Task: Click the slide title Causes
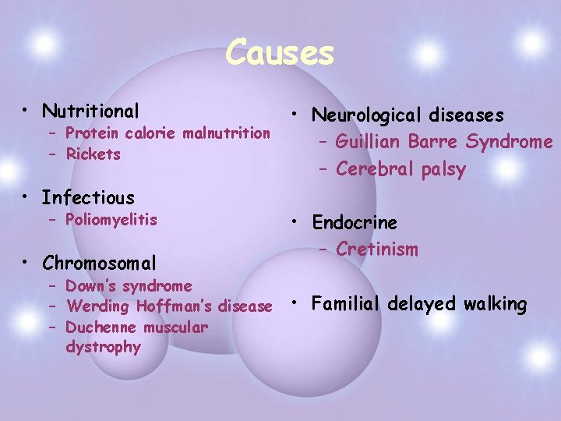coord(280,53)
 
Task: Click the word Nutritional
coord(91,111)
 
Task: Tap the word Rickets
coord(93,154)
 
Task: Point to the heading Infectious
coord(88,198)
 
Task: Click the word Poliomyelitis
coord(111,221)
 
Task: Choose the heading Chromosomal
coord(99,264)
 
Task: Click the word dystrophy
coord(104,347)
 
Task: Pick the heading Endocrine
coord(355,223)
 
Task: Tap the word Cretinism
coord(377,249)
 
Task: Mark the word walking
coord(494,303)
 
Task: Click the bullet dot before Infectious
coord(27,198)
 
